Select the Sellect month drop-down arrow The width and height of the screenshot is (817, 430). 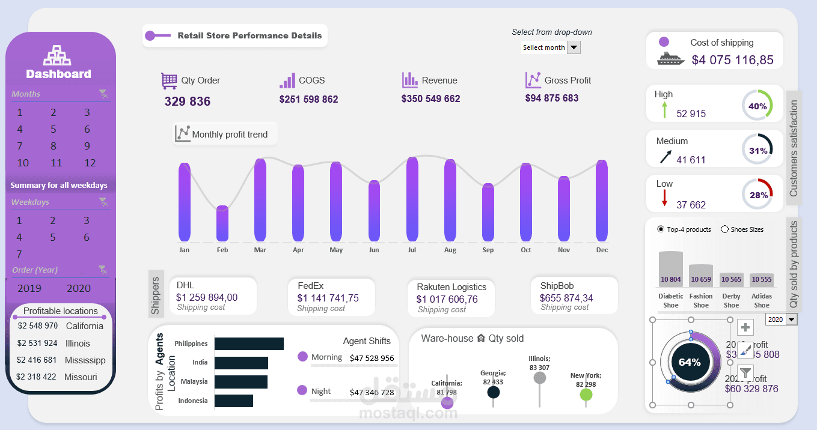tap(574, 47)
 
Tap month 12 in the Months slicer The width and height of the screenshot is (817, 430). tap(90, 163)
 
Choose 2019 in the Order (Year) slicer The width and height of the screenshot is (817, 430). tap(29, 288)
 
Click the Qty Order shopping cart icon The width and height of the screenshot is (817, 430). tap(169, 80)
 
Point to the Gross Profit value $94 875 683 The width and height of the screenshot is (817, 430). tap(551, 98)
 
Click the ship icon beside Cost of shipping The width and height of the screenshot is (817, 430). tap(671, 58)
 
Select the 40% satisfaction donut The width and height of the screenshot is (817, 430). tap(757, 106)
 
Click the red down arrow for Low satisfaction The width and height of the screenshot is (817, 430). tap(664, 198)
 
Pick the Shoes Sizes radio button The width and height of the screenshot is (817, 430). tap(724, 229)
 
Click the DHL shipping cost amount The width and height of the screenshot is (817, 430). tap(206, 297)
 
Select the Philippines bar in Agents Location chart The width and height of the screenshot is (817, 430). tap(249, 344)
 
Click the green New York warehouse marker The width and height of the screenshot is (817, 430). tap(586, 395)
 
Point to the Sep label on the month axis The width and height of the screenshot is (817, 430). tap(488, 250)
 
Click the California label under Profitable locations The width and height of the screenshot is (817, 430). tap(85, 326)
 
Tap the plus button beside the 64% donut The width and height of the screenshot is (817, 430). tap(745, 327)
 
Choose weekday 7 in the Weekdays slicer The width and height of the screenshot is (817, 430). tap(19, 254)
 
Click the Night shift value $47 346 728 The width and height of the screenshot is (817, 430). tap(372, 392)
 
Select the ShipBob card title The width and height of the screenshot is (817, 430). tap(557, 286)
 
